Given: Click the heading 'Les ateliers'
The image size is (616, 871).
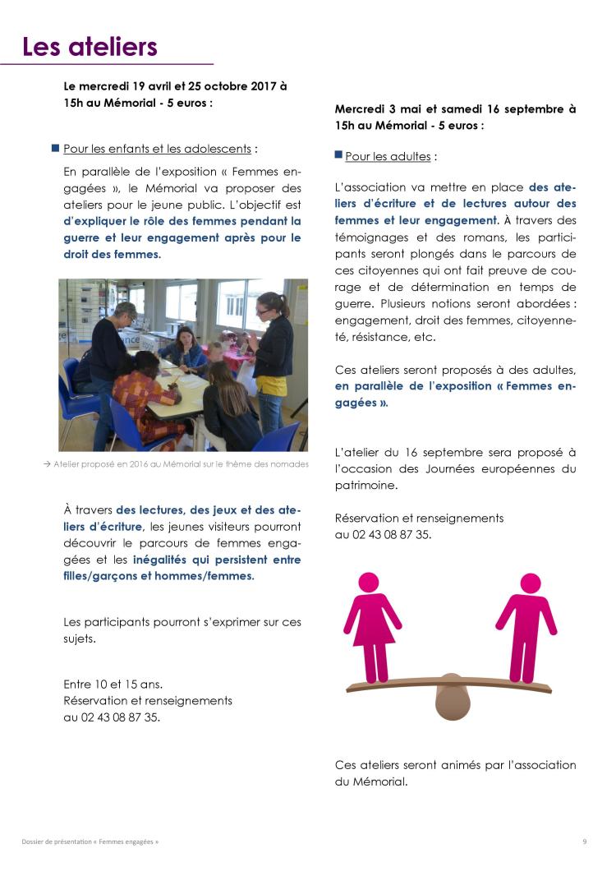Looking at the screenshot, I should click(90, 47).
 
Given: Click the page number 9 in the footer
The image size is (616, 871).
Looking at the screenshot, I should click(584, 841).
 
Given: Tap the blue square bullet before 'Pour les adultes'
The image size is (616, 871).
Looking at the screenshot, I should click(338, 154).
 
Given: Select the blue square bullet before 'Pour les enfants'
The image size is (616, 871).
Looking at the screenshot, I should click(56, 149).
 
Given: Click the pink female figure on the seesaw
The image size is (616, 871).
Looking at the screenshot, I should click(372, 625).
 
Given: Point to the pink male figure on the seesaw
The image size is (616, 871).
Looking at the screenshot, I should click(526, 625).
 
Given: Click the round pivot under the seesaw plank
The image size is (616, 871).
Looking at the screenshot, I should click(451, 702).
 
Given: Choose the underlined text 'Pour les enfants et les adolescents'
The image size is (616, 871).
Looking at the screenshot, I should click(157, 150).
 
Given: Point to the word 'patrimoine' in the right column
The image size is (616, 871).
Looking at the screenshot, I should click(370, 486).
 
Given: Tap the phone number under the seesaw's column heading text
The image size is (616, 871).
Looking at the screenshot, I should click(383, 534).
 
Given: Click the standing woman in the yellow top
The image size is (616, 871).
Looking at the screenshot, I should click(274, 353).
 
